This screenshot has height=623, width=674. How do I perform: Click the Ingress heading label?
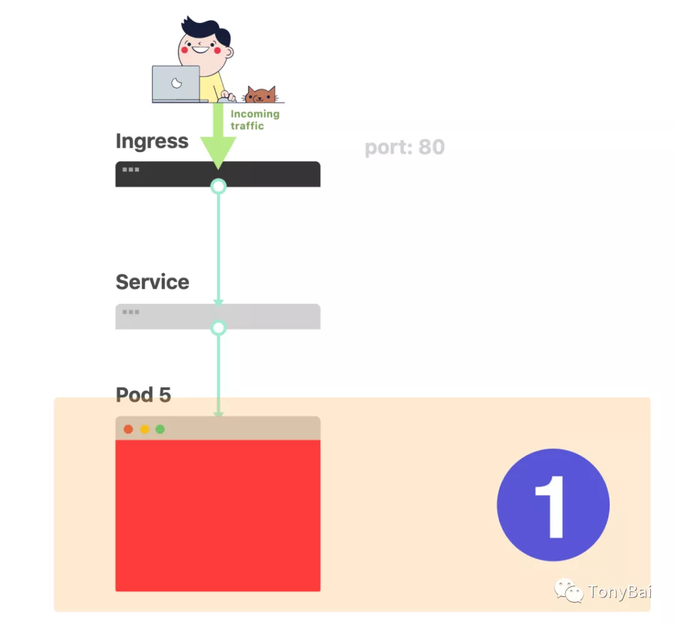click(152, 142)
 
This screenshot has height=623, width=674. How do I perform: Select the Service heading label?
click(152, 282)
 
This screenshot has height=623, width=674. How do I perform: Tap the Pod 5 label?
click(144, 395)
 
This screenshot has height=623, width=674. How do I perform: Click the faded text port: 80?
click(404, 148)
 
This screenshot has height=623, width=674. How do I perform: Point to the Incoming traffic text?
click(255, 120)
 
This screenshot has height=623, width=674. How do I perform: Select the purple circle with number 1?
click(553, 505)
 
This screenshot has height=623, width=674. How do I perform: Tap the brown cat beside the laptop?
click(260, 95)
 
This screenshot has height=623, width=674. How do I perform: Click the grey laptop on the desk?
click(177, 84)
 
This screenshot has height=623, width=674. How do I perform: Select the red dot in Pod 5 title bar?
click(129, 429)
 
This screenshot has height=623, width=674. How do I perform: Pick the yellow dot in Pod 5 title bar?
click(144, 429)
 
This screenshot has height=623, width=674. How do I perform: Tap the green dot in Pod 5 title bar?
click(160, 429)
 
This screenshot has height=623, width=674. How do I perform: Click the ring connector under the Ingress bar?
click(218, 186)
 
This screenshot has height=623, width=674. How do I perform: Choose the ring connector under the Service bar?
click(218, 327)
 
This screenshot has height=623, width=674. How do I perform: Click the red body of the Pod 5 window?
click(218, 515)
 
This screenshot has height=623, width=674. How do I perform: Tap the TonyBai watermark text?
click(618, 592)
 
